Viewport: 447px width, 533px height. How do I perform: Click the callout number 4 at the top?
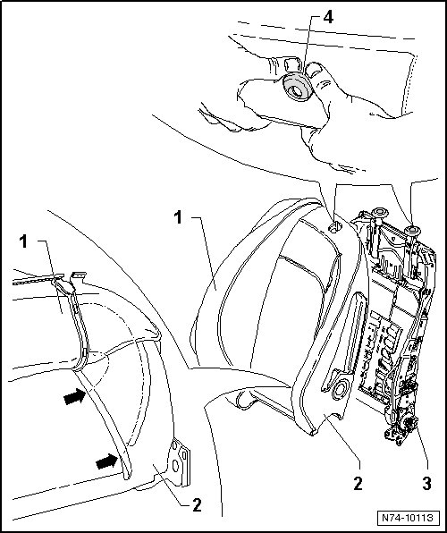coord(328,17)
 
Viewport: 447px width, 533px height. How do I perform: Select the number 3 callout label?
coord(427,484)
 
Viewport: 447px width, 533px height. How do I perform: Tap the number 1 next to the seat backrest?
coord(178,217)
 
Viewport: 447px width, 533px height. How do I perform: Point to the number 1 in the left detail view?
coord(23,241)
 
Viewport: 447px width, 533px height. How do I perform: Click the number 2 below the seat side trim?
coord(358,484)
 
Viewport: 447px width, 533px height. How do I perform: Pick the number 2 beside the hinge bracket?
coord(198,505)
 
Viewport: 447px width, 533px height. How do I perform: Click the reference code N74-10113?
coord(408,518)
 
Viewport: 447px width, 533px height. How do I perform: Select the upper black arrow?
coord(74,396)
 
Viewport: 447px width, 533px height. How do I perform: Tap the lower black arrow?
coord(106,461)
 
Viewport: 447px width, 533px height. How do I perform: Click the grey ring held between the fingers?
coord(298,87)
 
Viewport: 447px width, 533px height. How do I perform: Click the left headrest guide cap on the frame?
coord(380,213)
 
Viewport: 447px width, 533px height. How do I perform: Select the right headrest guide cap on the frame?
coord(412,231)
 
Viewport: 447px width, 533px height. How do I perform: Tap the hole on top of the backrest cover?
coord(335,227)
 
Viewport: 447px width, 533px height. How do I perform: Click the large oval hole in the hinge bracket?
coord(176,465)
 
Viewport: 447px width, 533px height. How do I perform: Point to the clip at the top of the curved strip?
coord(64,285)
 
